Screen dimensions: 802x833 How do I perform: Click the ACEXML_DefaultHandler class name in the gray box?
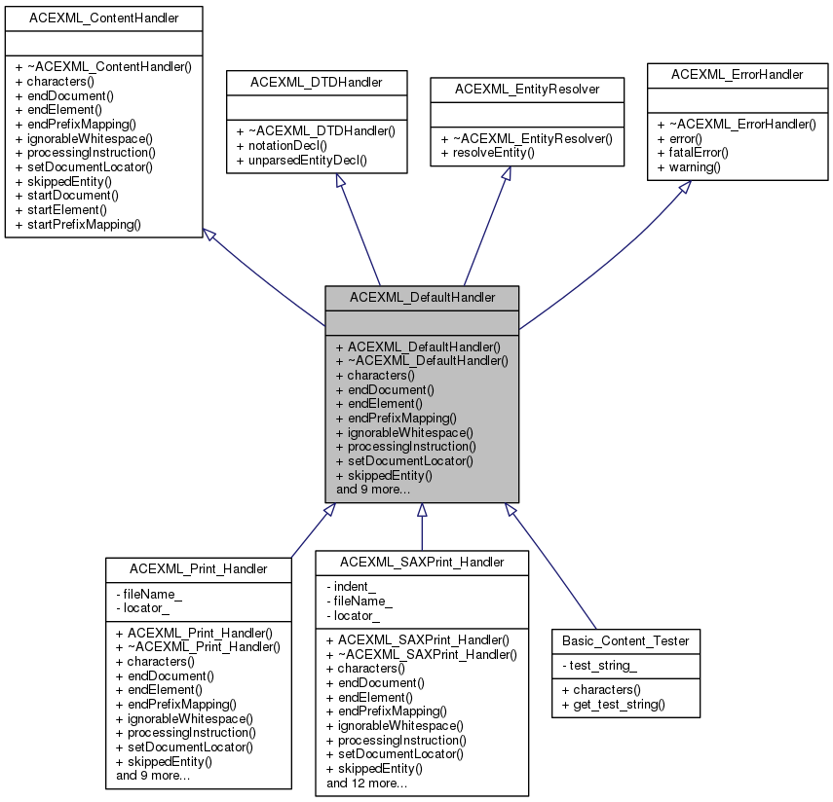[x=422, y=297]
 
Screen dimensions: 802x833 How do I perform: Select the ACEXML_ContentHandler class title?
[x=104, y=17]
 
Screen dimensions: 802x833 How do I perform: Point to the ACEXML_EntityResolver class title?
[x=527, y=89]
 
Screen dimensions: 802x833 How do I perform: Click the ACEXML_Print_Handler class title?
[x=199, y=567]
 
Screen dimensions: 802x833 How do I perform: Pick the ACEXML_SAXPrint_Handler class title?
[x=422, y=562]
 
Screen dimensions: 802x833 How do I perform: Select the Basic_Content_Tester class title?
[x=625, y=640]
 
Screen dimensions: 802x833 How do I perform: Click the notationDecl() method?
[x=293, y=144]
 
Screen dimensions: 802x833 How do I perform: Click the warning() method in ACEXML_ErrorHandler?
[x=695, y=167]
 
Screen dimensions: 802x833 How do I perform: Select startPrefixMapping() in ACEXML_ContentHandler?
[x=84, y=224]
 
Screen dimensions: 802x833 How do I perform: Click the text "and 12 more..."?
[x=366, y=783]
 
